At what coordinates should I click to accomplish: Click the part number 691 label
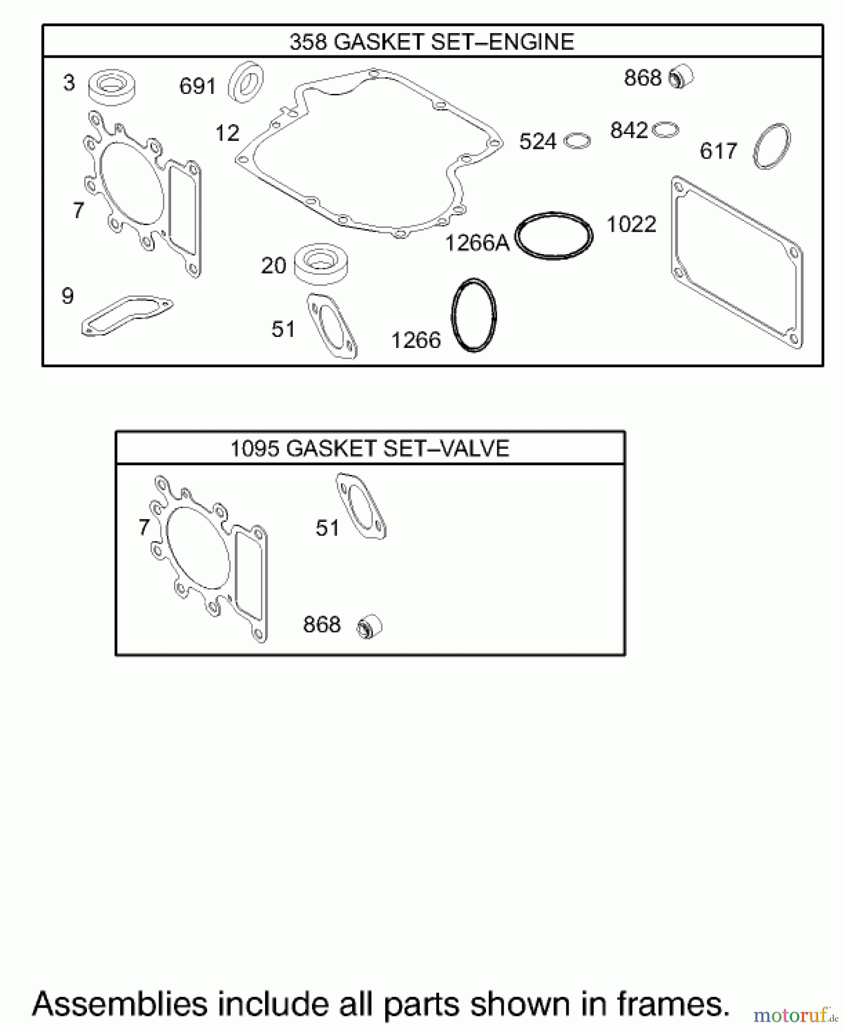(x=197, y=86)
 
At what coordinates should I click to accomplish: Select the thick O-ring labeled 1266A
(x=554, y=236)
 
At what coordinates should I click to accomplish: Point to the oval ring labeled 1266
(x=474, y=315)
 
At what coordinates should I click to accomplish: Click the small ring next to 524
(x=577, y=141)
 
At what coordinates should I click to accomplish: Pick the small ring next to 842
(x=665, y=130)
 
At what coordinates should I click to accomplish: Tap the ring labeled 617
(x=772, y=146)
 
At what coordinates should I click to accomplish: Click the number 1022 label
(x=631, y=224)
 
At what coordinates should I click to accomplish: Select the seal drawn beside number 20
(x=321, y=264)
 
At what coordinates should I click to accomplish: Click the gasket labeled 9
(x=127, y=315)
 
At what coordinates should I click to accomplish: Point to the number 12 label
(x=227, y=133)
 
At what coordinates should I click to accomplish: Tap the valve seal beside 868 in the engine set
(x=681, y=77)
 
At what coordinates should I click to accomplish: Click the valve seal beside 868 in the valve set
(x=369, y=627)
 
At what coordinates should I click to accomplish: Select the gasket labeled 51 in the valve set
(x=361, y=506)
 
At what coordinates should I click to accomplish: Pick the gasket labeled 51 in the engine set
(x=332, y=326)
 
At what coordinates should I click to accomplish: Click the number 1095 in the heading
(x=255, y=448)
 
